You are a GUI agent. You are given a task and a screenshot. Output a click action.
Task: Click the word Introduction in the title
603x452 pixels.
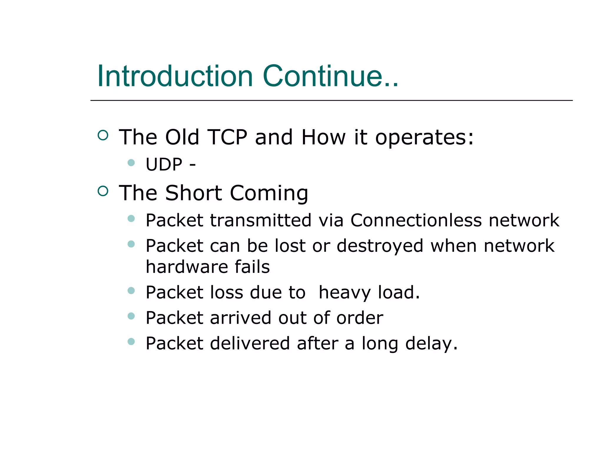pyautogui.click(x=175, y=76)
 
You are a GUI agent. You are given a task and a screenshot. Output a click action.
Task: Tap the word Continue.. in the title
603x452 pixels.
pyautogui.click(x=330, y=76)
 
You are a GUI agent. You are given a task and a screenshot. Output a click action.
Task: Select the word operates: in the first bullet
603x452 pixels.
pyautogui.click(x=424, y=138)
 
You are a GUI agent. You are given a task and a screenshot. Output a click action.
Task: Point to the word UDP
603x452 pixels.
pyautogui.click(x=164, y=164)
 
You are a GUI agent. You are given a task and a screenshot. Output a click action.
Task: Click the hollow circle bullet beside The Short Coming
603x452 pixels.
pyautogui.click(x=103, y=191)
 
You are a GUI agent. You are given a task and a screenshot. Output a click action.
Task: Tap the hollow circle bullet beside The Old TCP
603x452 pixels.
pyautogui.click(x=103, y=135)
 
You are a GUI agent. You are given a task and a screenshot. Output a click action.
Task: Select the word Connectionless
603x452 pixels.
pyautogui.click(x=416, y=220)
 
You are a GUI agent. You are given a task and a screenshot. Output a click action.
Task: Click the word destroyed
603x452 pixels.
pyautogui.click(x=380, y=246)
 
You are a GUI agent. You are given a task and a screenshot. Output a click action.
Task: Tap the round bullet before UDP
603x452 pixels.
pyautogui.click(x=131, y=162)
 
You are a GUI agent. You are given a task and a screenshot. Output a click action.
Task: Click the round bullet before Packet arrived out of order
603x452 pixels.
pyautogui.click(x=131, y=316)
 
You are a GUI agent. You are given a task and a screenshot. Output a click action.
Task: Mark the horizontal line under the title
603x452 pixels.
pyautogui.click(x=331, y=100)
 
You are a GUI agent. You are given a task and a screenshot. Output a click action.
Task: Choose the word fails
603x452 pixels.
pyautogui.click(x=252, y=267)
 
